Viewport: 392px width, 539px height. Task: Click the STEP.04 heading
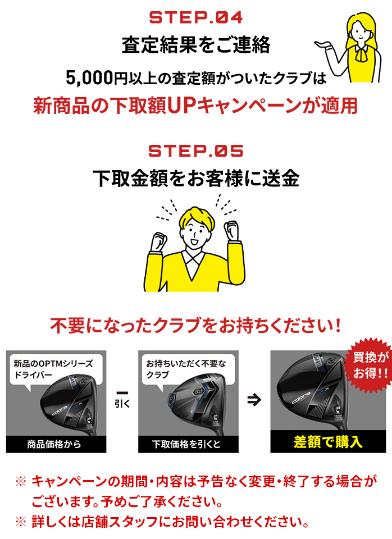(x=196, y=17)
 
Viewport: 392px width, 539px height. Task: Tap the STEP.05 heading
(x=196, y=151)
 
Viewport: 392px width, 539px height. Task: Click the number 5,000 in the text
(x=89, y=77)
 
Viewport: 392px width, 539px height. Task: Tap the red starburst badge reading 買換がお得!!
(x=369, y=365)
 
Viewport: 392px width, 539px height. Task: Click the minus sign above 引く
(x=122, y=393)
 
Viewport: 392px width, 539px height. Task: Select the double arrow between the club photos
(x=254, y=399)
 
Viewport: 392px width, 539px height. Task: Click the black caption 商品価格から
(x=54, y=444)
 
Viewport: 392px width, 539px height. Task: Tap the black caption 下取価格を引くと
(x=186, y=444)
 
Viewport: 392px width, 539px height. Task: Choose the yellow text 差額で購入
(x=328, y=442)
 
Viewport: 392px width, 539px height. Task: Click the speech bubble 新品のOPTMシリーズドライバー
(x=55, y=369)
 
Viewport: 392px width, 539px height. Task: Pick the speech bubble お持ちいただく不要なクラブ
(x=188, y=369)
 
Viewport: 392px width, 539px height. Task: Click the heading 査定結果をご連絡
(x=196, y=45)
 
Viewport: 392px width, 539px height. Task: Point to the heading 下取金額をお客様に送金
(x=196, y=179)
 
